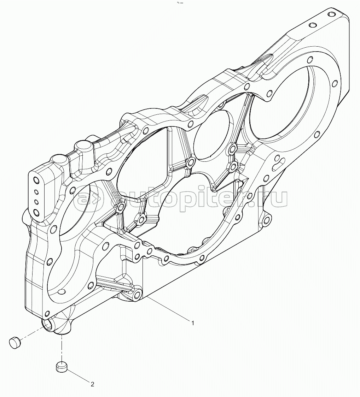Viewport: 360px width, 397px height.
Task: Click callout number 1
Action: tap(193, 323)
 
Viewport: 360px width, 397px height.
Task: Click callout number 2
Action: tap(92, 384)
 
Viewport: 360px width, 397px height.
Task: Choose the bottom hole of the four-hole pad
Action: tap(36, 213)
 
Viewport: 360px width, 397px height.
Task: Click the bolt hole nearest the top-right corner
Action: tap(331, 15)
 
